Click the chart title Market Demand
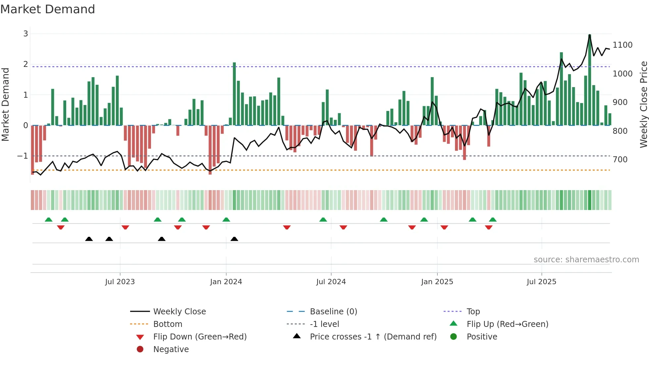tap(48, 9)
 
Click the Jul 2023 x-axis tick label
tap(120, 282)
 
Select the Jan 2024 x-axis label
tap(226, 282)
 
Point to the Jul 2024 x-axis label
tap(331, 282)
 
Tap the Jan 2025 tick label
tap(437, 282)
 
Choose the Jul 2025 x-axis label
tap(541, 282)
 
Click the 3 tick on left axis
tap(25, 34)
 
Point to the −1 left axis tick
tap(23, 156)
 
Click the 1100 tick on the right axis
tap(623, 45)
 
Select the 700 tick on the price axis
tap(620, 160)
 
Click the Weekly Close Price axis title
tap(643, 104)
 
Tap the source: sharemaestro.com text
tap(586, 260)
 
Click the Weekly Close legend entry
tap(179, 312)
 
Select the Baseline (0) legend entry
tap(333, 312)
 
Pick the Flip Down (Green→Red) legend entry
tap(200, 337)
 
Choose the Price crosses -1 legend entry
tap(373, 337)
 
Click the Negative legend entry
tap(171, 349)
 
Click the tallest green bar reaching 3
tap(589, 79)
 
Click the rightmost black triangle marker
tap(234, 239)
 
